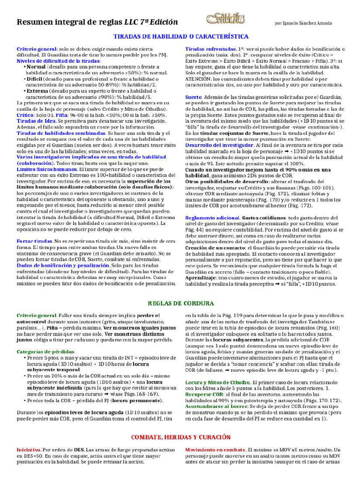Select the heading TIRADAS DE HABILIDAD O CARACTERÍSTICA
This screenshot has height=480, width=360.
tap(181, 37)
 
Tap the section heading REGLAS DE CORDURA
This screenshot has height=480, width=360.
tap(181, 303)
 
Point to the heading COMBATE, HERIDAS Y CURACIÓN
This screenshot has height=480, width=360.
tap(181, 437)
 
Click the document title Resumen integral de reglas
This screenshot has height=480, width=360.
tap(70, 22)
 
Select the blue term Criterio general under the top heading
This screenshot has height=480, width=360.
tap(37, 49)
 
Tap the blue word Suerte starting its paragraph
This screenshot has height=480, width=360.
tap(193, 97)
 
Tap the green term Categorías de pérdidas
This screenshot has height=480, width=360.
tap(45, 352)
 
